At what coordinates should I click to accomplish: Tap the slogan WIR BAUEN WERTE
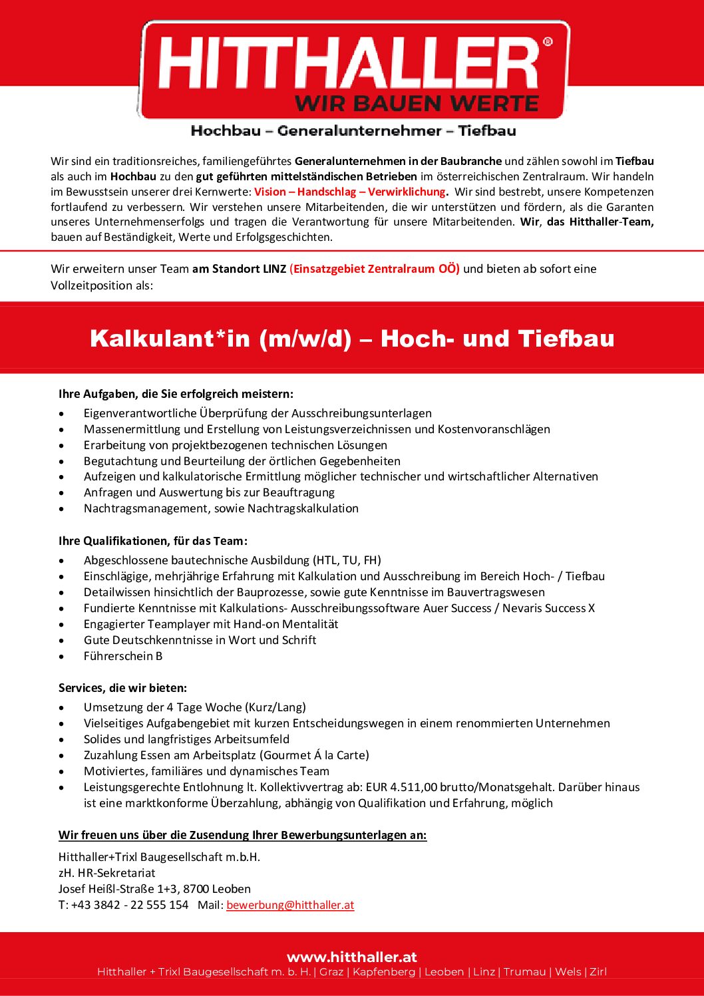pyautogui.click(x=417, y=104)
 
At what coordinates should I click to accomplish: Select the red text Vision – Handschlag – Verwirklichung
pyautogui.click(x=350, y=192)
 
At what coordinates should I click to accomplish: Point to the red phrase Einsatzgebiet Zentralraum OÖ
pyautogui.click(x=375, y=269)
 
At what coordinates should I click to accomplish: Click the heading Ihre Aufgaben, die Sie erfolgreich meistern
pyautogui.click(x=176, y=394)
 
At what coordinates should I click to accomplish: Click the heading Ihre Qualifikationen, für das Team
pyautogui.click(x=153, y=541)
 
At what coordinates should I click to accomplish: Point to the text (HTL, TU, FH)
pyautogui.click(x=347, y=560)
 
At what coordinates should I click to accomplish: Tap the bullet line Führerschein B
pyautogui.click(x=123, y=656)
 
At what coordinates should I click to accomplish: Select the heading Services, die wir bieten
pyautogui.click(x=122, y=688)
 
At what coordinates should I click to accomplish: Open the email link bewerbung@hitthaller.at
pyautogui.click(x=290, y=905)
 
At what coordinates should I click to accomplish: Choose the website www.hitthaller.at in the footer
pyautogui.click(x=352, y=957)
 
